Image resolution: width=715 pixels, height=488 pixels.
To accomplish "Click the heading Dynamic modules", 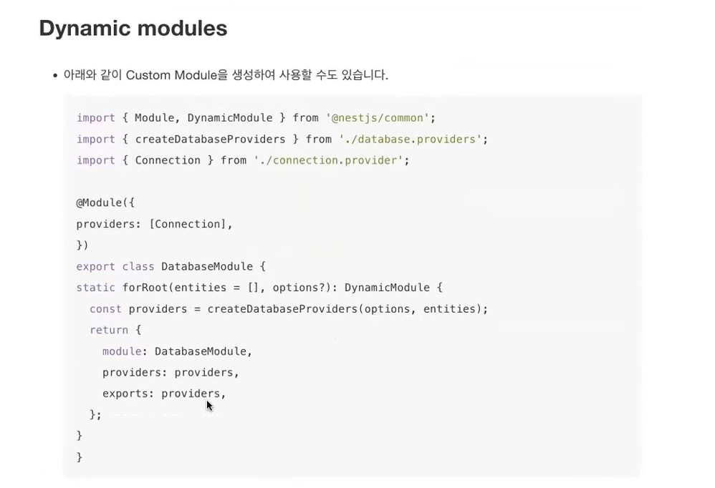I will pos(133,29).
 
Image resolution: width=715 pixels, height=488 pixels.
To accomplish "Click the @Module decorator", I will pos(102,203).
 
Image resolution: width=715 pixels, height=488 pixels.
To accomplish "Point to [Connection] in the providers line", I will pos(190,224).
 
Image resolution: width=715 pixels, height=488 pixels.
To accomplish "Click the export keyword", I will pos(95,267).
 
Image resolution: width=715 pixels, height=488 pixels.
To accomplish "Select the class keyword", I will pos(138,267).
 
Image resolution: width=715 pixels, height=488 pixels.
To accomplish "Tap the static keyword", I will pos(95,288).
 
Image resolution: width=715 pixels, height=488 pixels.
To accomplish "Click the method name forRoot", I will pos(145,288).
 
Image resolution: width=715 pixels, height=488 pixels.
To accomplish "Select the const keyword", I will pos(105,309).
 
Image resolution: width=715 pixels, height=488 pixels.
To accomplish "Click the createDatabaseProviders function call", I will pos(282,309).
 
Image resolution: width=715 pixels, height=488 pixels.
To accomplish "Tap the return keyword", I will pos(109,330).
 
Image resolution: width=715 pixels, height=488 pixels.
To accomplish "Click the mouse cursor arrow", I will pos(209,405).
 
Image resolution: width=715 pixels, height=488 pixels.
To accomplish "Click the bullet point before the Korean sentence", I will pos(54,76).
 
